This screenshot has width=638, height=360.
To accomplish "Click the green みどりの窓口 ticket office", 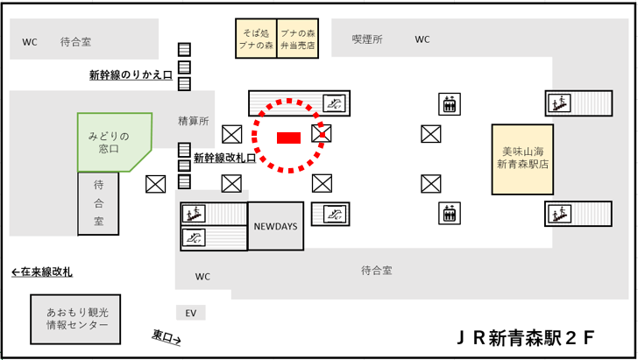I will coord(110,143).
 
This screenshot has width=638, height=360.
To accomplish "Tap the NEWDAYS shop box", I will coord(276,226).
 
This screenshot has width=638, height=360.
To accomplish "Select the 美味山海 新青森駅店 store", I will coord(521,159).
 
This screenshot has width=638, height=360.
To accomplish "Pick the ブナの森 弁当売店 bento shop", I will coord(297,39).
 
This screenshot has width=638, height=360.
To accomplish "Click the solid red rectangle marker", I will coord(288,137).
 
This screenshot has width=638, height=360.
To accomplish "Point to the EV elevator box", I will coord(189,313).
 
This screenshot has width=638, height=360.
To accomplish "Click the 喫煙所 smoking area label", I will coord(367,39).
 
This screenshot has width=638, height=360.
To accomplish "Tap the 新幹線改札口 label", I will coord(224,159).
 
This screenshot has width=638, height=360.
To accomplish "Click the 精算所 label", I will coord(193,121).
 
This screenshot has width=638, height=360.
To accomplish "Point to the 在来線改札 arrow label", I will coord(42,272).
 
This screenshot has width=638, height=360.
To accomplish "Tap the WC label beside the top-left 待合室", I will coord(31,41).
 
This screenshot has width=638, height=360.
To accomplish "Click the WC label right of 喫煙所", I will coord(422,39).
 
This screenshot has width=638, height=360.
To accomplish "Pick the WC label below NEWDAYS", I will coord(202,277).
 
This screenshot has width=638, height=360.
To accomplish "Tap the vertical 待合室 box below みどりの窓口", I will coord(98,203).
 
